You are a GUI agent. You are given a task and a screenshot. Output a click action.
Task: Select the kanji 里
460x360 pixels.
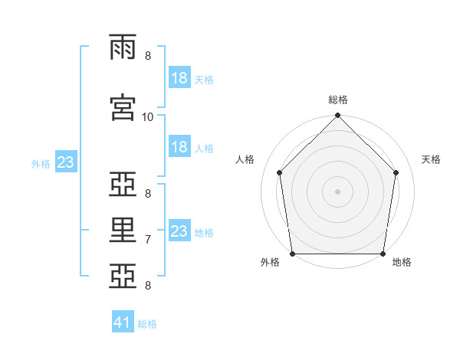pyautogui.click(x=123, y=231)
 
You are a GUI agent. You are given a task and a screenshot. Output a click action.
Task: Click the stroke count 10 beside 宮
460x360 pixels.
pyautogui.click(x=148, y=116)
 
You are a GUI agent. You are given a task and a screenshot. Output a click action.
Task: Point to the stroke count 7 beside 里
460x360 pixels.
pyautogui.click(x=148, y=240)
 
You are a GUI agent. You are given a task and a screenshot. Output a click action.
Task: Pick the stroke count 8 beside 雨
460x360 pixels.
pyautogui.click(x=148, y=56)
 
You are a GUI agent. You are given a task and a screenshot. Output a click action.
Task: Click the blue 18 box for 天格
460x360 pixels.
pyautogui.click(x=179, y=79)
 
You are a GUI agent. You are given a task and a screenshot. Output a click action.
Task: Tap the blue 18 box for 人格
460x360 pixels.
pyautogui.click(x=179, y=148)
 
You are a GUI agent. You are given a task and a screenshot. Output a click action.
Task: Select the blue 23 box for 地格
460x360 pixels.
pyautogui.click(x=179, y=231)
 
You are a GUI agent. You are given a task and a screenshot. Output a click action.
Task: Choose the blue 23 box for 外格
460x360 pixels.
pyautogui.click(x=65, y=163)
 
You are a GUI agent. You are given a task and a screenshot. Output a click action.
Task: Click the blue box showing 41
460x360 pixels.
pyautogui.click(x=123, y=323)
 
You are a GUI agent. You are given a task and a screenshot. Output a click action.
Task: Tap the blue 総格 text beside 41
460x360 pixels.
pyautogui.click(x=147, y=324)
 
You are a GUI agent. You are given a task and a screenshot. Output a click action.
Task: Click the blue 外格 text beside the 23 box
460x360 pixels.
pyautogui.click(x=41, y=164)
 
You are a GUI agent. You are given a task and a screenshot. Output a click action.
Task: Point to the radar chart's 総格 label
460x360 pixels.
pyautogui.click(x=338, y=100)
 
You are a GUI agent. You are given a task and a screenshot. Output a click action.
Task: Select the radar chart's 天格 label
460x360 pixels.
pyautogui.click(x=432, y=159)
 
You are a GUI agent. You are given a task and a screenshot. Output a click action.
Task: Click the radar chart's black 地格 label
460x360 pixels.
pyautogui.click(x=402, y=262)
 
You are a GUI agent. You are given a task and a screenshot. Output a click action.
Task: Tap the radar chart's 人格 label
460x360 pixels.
pyautogui.click(x=245, y=159)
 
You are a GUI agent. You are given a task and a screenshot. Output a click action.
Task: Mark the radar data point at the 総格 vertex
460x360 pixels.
pyautogui.click(x=337, y=116)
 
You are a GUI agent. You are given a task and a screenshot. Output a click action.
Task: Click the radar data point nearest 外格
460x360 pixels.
pyautogui.click(x=292, y=254)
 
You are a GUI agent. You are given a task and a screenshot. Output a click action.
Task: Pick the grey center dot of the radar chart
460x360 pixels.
pyautogui.click(x=337, y=191)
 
